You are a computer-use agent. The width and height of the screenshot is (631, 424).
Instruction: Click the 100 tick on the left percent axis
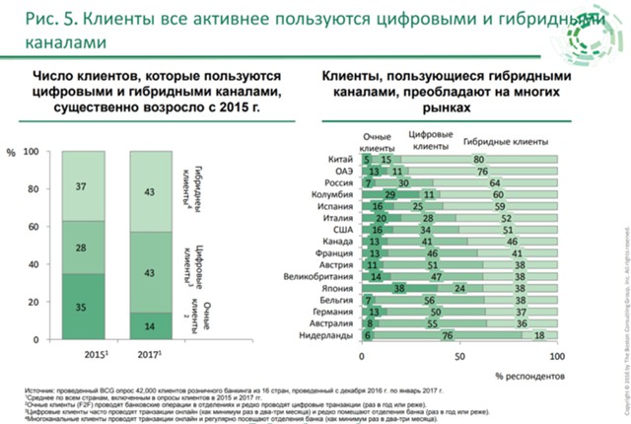pos(32,152)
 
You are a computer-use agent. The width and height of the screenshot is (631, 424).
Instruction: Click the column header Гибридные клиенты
pos(499,140)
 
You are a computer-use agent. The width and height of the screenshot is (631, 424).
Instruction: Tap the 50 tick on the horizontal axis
pos(458,353)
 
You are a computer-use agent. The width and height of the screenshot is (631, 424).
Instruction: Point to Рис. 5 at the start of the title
pos(35,19)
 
